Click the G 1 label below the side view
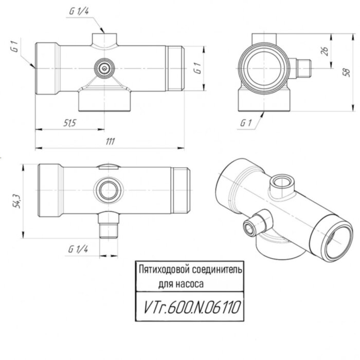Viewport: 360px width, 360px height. point(247,123)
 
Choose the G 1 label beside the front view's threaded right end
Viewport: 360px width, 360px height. point(196,68)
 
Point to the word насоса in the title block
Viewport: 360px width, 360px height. point(197,283)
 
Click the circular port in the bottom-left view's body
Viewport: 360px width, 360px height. point(109,190)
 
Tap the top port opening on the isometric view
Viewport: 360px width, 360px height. point(280,182)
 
